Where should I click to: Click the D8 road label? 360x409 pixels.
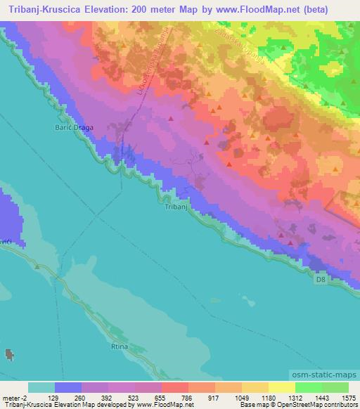[320, 279]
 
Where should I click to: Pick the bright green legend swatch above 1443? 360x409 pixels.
[308, 387]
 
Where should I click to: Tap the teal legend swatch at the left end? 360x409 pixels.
[41, 387]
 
